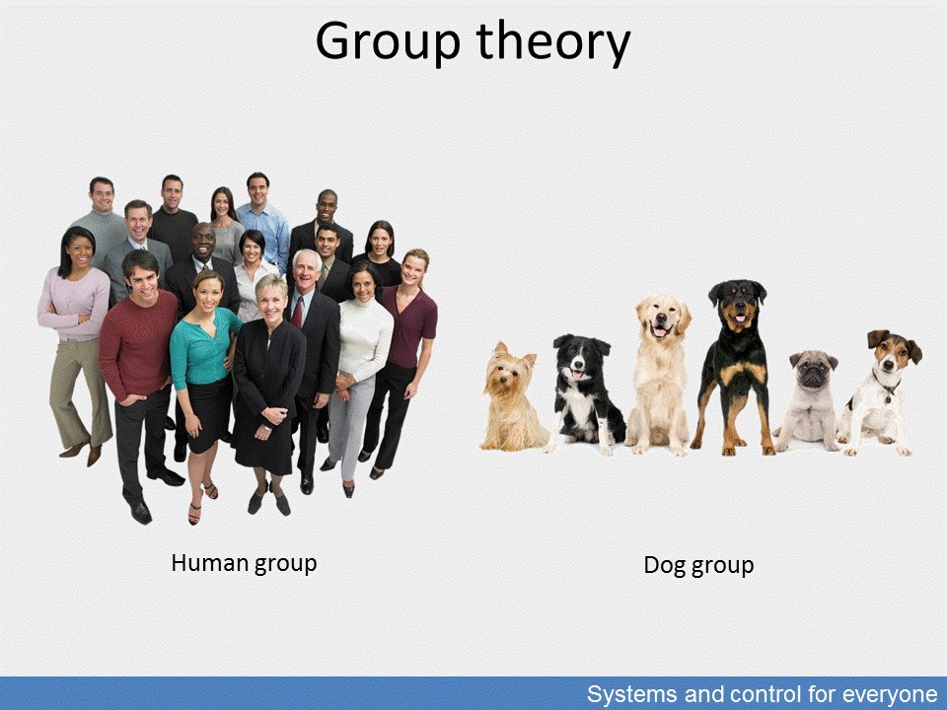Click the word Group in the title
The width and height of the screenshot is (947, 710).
point(388,41)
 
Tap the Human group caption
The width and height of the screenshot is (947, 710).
point(244,563)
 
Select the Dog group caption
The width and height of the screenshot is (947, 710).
point(698,566)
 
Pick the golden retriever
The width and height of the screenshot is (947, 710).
point(660,375)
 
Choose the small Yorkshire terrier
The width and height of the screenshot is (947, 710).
point(511,397)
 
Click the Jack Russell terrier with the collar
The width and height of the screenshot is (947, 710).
point(879,392)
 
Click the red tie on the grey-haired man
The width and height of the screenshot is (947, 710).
point(298,312)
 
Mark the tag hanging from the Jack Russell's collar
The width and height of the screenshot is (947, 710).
point(888,398)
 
